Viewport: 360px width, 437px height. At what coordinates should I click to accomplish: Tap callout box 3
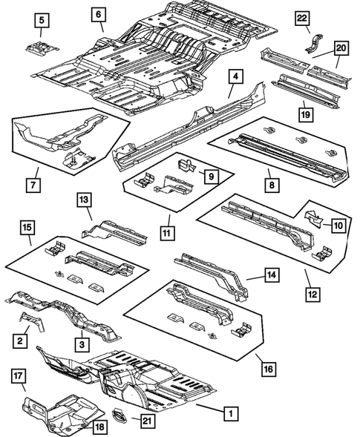coord(81,343)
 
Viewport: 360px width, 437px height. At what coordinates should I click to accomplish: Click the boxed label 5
coord(42,19)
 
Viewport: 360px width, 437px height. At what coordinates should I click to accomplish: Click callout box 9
coord(210,176)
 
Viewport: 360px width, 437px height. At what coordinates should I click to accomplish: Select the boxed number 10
coord(337,224)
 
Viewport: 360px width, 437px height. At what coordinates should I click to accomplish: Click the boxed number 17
coord(19,376)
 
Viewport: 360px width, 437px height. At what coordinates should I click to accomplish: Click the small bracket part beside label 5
coord(39,47)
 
